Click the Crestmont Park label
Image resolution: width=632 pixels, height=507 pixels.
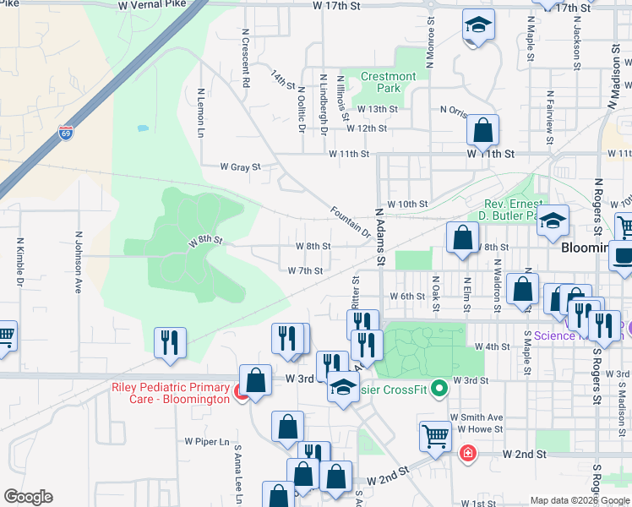pos(388,82)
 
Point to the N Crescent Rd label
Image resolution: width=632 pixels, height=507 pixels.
pos(246,59)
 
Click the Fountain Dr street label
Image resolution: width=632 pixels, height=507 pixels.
pos(350,221)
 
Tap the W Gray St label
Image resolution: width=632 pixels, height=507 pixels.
pos(241,167)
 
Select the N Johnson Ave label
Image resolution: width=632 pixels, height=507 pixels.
pos(79,262)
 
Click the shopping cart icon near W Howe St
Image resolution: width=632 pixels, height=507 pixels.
pos(435,437)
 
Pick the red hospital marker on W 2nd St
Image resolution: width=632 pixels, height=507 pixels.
pos(466,455)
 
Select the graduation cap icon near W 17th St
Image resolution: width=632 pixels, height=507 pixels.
pos(477,27)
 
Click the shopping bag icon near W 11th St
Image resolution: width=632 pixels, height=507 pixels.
pos(482,131)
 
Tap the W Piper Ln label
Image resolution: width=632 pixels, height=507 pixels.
pos(207,441)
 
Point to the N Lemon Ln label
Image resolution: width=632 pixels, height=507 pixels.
pos(201,113)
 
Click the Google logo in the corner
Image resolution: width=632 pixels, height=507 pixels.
pos(28,497)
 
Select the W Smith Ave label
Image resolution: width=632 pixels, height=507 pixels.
pos(477,417)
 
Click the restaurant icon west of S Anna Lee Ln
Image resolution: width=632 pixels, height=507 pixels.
pos(171,342)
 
